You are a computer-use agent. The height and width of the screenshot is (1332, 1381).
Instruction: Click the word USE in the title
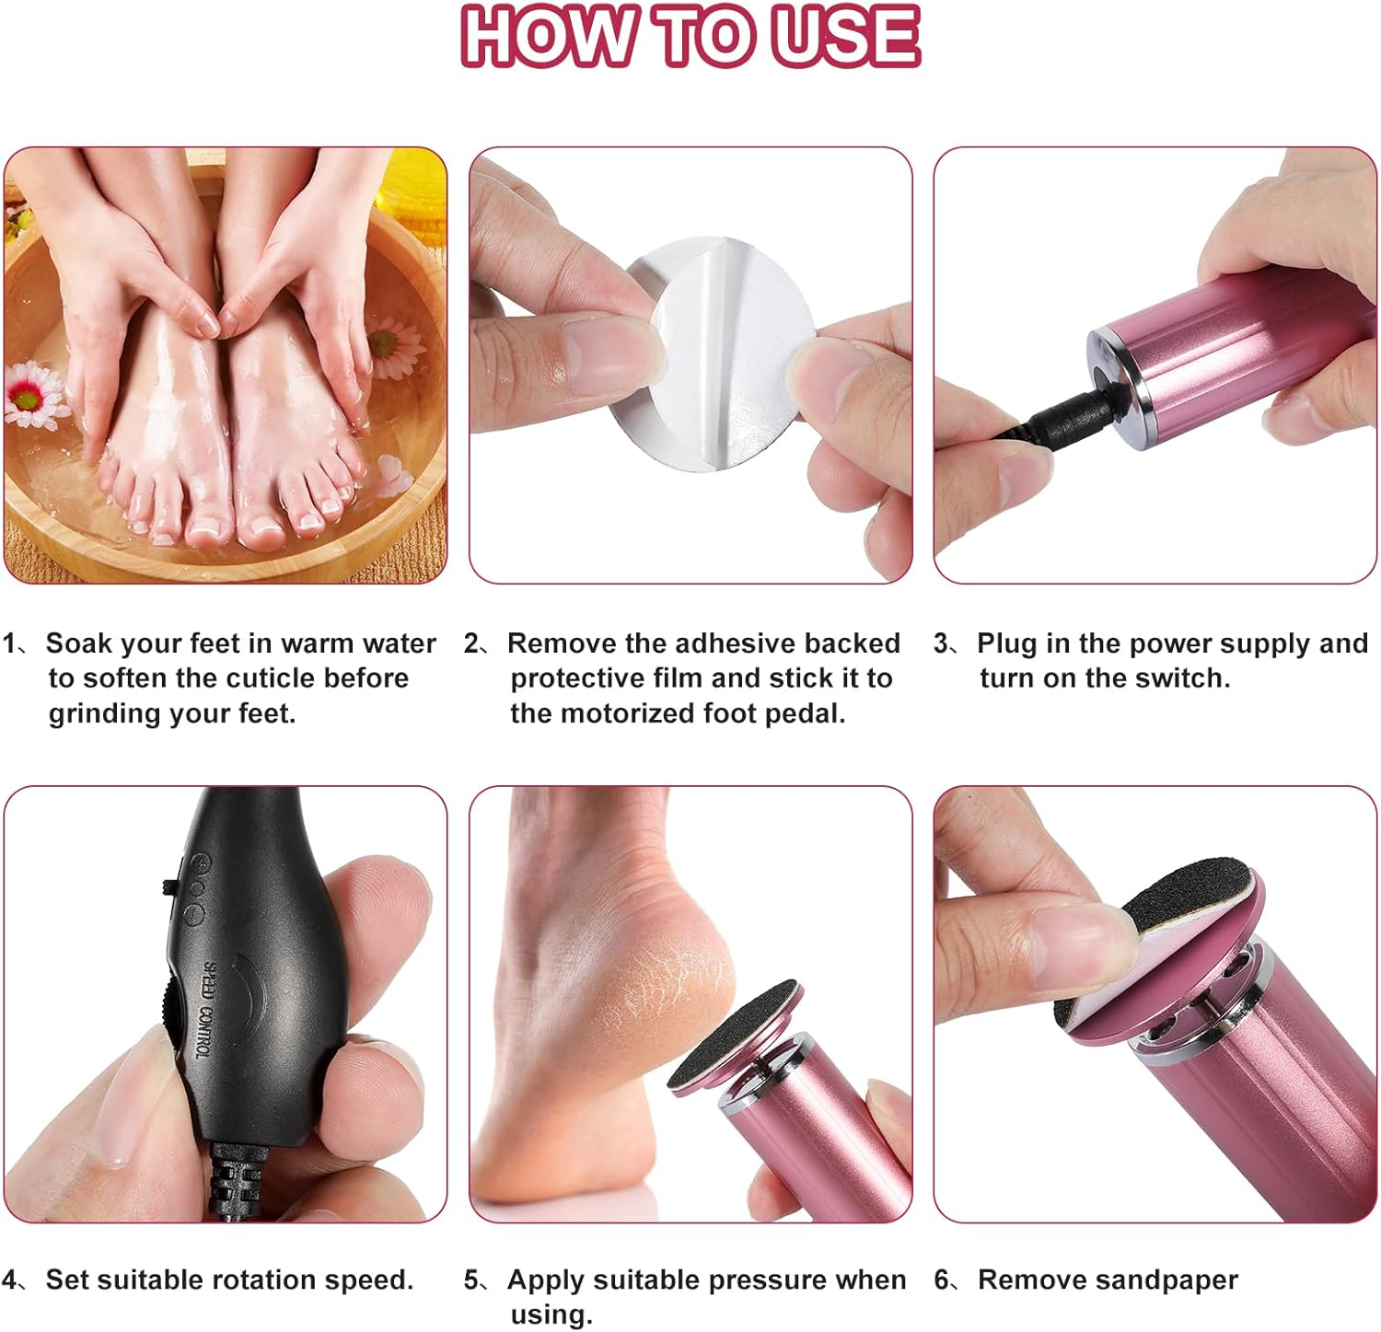tap(845, 37)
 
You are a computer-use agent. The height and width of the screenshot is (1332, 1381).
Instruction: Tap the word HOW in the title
tap(547, 37)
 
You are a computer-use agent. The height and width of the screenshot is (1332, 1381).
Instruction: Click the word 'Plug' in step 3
tap(1007, 643)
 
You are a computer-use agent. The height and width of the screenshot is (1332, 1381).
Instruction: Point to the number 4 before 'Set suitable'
tap(10, 1280)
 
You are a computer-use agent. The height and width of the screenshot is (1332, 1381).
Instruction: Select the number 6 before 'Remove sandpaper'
tap(942, 1280)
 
